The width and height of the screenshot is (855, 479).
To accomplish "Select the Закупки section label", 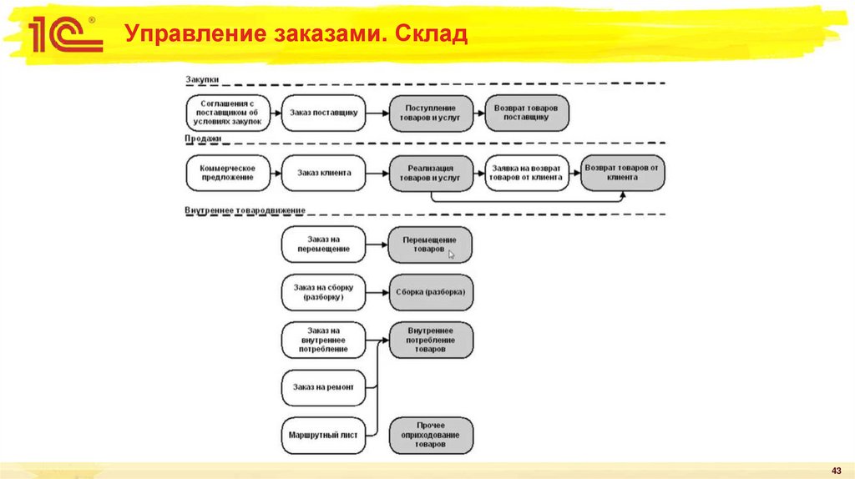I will coord(201,79).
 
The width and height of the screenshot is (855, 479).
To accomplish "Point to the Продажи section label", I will coord(203,139).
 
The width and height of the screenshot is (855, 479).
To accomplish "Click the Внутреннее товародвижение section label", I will coord(245,210).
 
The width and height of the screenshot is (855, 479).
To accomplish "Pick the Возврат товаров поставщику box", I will coord(527,113).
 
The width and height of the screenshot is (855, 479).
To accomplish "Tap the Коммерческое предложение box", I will coord(227,174).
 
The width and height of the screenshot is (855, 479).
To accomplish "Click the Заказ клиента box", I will coord(324,174).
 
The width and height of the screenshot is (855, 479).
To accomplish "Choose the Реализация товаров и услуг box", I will coord(430,174).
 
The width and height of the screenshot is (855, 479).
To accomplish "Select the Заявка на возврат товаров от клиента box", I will coord(526,174).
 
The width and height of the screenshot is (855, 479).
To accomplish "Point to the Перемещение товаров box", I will coord(430,245).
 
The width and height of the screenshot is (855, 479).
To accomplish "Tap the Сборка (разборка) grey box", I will coord(430,293).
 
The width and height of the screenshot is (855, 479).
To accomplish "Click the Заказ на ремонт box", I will coord(324,387).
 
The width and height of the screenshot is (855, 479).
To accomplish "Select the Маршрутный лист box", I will coord(324,436).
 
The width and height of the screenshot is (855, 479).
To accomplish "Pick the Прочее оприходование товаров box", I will coord(430,436).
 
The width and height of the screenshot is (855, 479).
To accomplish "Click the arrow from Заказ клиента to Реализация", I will coord(377,174).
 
